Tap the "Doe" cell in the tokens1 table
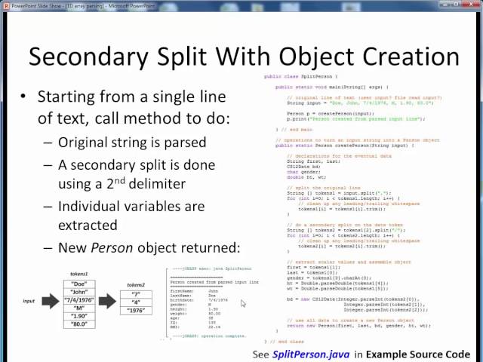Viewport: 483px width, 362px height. coord(78,284)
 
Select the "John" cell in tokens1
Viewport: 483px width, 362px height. coord(78,293)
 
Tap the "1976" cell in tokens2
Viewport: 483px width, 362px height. coord(137,310)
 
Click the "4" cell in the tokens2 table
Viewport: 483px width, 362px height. coord(137,302)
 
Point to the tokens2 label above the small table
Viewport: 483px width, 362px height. coord(137,284)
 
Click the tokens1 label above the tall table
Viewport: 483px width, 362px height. coord(78,275)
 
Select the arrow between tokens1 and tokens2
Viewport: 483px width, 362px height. coord(107,302)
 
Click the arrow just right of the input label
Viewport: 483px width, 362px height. coord(50,302)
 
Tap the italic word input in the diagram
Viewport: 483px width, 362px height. coord(29,302)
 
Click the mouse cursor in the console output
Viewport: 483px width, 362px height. coord(243,303)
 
